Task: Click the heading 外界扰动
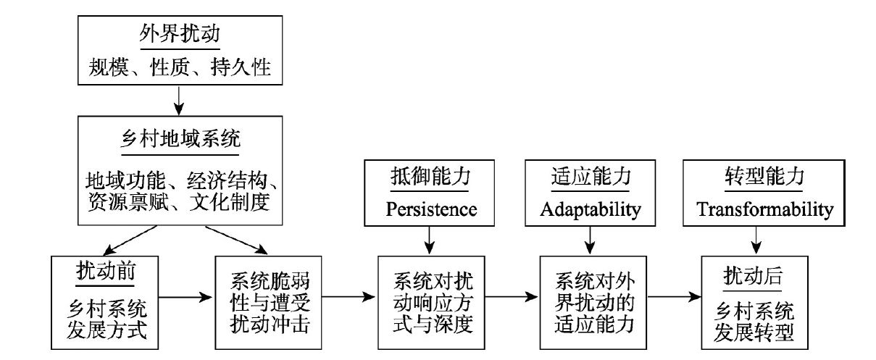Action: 180,33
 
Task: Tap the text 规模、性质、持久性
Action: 180,67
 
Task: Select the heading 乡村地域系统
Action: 180,139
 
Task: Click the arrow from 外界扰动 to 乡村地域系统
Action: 179,101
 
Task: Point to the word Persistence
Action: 431,209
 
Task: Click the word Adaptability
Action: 591,210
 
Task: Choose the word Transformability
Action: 765,210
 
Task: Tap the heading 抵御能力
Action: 430,176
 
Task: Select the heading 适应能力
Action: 591,176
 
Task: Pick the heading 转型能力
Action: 764,176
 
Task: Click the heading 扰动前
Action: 106,271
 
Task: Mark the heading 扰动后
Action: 753,276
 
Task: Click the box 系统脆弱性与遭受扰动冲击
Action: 268,303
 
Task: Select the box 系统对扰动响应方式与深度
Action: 431,303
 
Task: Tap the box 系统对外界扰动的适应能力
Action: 593,303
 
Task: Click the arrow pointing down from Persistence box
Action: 430,240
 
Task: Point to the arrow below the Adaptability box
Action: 590,240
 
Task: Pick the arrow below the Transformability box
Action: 756,240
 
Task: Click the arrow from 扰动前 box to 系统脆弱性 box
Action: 185,297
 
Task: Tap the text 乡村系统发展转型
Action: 754,322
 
